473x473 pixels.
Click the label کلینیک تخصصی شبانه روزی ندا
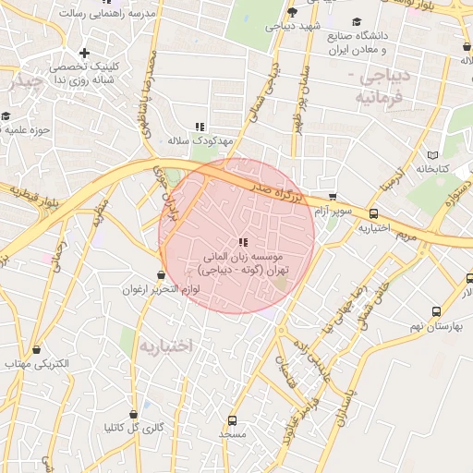[x=82, y=73]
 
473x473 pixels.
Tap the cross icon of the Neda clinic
[x=84, y=53]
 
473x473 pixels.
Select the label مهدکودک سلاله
[x=190, y=141]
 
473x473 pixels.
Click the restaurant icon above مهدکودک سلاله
[x=199, y=127]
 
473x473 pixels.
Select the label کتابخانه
[x=432, y=169]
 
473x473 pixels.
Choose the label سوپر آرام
[x=331, y=212]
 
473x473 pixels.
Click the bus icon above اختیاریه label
[x=373, y=212]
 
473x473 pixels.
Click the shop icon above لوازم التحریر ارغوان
[x=162, y=274]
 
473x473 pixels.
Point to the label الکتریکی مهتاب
[x=37, y=365]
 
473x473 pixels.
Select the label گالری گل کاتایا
[x=135, y=428]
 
